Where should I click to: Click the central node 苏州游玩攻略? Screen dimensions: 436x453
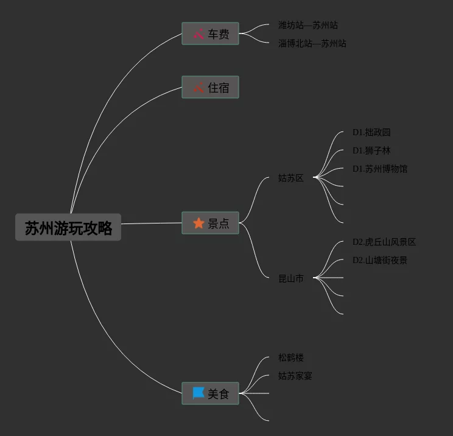tap(68, 228)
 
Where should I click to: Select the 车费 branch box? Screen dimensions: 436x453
tap(210, 34)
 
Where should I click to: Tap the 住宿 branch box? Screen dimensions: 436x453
tap(210, 88)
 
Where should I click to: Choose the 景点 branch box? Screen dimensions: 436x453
tap(210, 223)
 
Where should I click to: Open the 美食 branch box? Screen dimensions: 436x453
tap(210, 394)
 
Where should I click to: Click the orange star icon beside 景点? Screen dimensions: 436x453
tap(198, 223)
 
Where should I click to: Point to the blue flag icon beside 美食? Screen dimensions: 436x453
tap(198, 393)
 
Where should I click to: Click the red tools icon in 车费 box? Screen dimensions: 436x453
tap(198, 34)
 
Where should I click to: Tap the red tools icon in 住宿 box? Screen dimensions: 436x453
tap(198, 88)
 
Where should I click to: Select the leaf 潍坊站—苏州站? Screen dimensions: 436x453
tap(308, 26)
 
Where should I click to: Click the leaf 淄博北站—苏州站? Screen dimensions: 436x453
tap(312, 44)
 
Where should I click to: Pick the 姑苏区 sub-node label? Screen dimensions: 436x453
tap(291, 178)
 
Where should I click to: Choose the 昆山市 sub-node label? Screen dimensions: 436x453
tap(291, 278)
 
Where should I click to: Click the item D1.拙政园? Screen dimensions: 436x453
tap(371, 133)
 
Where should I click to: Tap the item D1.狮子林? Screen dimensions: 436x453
tap(371, 151)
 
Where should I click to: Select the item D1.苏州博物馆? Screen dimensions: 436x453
tap(380, 169)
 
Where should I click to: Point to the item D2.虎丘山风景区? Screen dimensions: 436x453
tap(384, 242)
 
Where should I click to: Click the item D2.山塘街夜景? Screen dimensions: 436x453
tap(380, 261)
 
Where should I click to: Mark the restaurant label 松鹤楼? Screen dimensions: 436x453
tap(291, 358)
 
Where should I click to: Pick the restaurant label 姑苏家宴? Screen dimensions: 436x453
tap(295, 376)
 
